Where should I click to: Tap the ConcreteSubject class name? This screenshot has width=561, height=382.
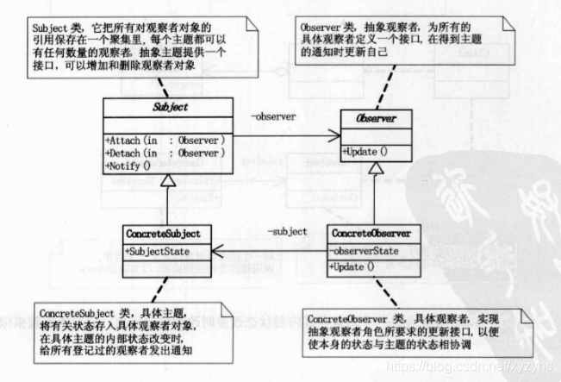(x=163, y=234)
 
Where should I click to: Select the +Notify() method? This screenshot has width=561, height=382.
(x=127, y=166)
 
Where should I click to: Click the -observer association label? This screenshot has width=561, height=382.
(x=274, y=116)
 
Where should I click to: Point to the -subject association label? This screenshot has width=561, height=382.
(x=285, y=232)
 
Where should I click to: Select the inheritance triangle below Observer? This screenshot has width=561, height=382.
(x=370, y=170)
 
